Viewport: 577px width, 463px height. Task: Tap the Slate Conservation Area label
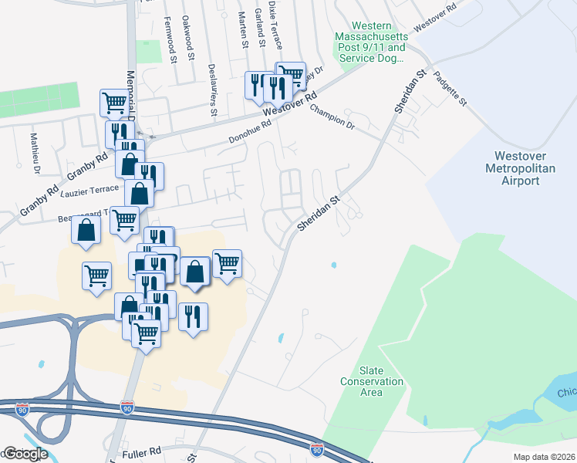coord(372,381)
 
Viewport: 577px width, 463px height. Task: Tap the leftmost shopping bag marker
coord(86,229)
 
